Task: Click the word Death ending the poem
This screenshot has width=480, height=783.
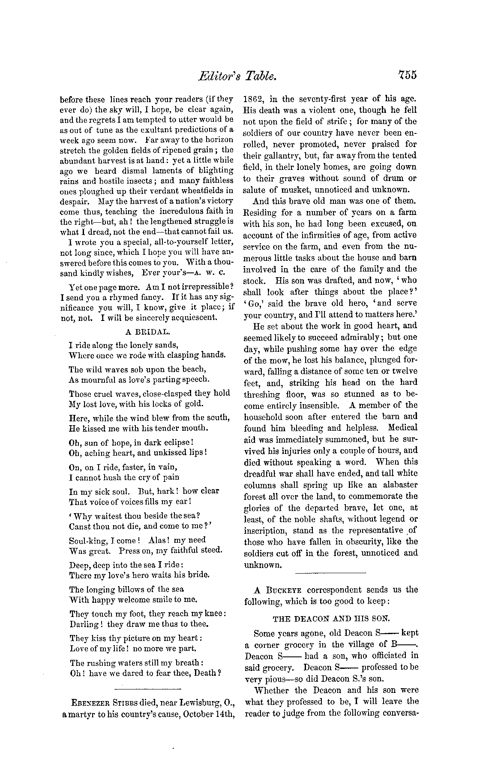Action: click(207, 673)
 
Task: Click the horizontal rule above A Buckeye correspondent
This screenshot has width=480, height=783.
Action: click(331, 573)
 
